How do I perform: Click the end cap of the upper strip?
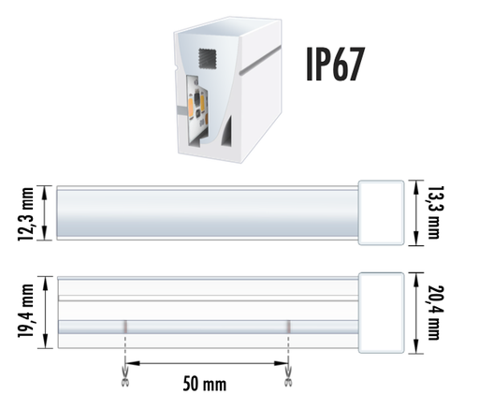pyautogui.click(x=385, y=212)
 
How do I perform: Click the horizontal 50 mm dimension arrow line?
pyautogui.click(x=207, y=362)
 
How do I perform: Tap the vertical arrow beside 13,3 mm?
pyautogui.click(x=415, y=212)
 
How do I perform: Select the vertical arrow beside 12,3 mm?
pyautogui.click(x=43, y=214)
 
